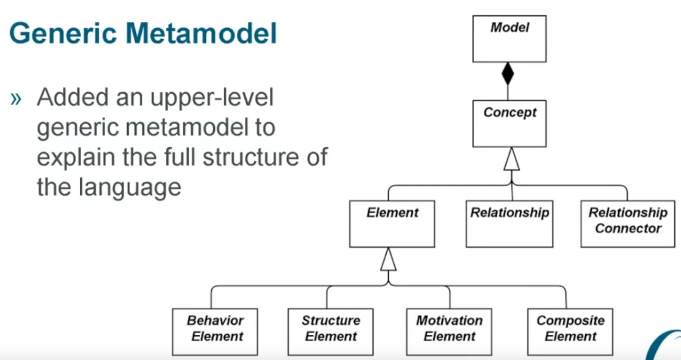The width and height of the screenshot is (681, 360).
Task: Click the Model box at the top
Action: tap(509, 38)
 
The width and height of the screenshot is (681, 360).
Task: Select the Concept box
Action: tap(509, 123)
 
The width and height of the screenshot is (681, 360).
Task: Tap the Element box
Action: tap(392, 223)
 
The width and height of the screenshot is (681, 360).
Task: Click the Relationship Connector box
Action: tap(628, 223)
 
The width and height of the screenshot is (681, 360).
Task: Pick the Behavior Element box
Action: tap(215, 331)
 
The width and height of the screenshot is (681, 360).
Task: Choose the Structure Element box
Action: tap(330, 331)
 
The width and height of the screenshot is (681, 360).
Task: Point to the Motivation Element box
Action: tap(449, 331)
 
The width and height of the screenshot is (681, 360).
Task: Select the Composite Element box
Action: tap(570, 331)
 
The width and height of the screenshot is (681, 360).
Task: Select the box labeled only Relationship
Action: tap(509, 223)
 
